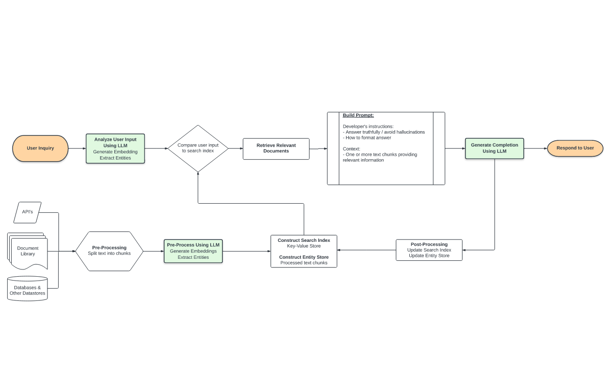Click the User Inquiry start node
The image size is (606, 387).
click(40, 149)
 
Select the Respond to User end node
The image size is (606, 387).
click(575, 148)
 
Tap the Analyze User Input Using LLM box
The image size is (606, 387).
click(115, 149)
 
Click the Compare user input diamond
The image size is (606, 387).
click(198, 148)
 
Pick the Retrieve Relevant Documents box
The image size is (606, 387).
click(276, 149)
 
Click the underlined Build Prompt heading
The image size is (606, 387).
click(358, 115)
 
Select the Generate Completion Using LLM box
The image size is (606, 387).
click(494, 148)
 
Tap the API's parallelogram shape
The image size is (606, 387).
click(28, 212)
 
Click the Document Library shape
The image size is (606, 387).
click(28, 251)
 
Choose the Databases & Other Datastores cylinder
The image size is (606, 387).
click(28, 289)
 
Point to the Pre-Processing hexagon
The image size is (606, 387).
click(109, 251)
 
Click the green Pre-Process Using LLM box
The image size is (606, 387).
click(193, 251)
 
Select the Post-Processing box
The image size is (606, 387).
click(429, 250)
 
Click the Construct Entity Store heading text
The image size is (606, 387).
click(304, 257)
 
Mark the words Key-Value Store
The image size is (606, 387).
click(304, 246)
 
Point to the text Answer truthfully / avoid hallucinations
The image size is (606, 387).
click(385, 132)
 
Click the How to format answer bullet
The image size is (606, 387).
click(368, 138)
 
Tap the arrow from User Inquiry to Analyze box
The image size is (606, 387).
click(77, 149)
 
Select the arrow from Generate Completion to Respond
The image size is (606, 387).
click(536, 148)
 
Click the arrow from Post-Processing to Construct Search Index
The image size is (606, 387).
click(366, 250)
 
